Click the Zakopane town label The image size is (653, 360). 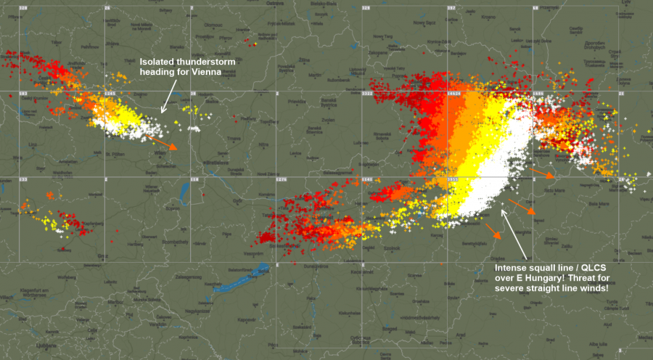378,53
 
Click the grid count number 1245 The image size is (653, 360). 110,94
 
